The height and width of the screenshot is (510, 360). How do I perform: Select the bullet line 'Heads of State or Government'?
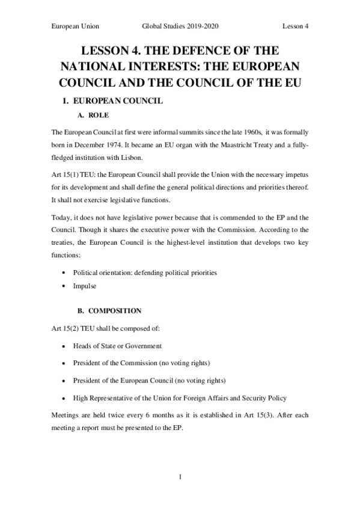[117, 346]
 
